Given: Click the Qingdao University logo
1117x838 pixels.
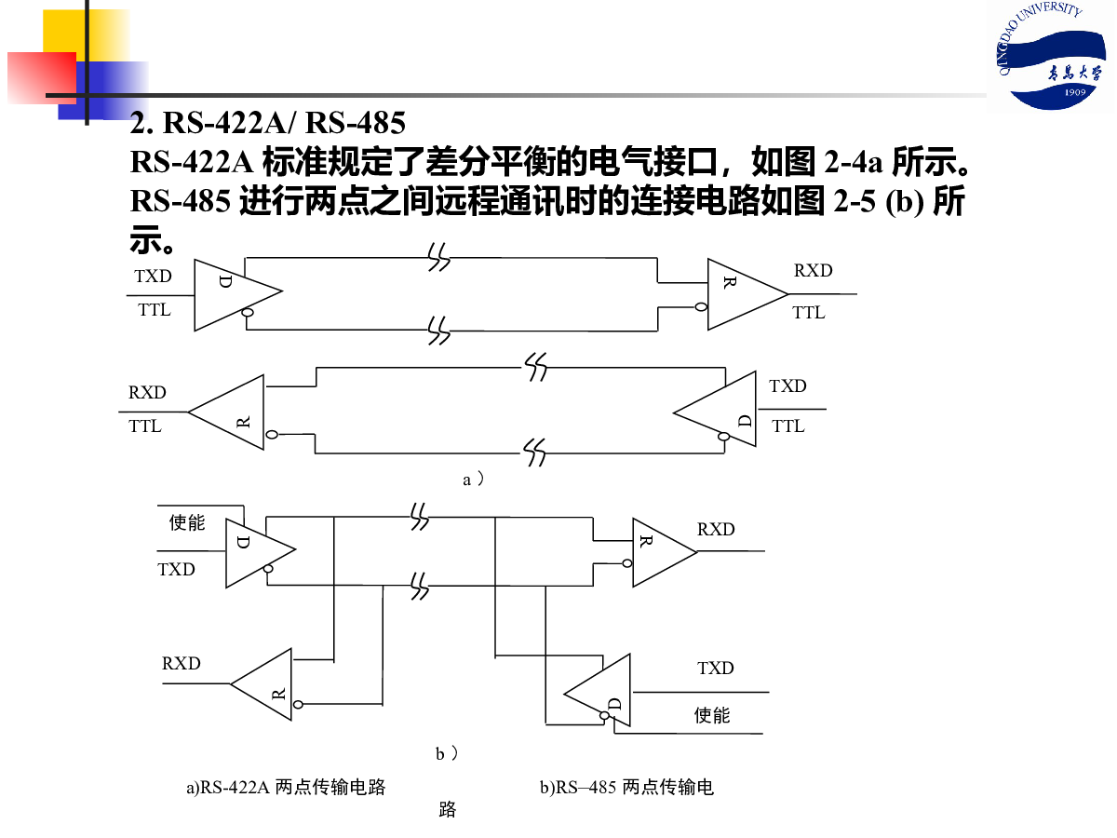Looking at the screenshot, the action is point(1050,55).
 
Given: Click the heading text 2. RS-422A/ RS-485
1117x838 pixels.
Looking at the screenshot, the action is point(268,123).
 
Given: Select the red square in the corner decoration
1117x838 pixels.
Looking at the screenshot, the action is point(42,78).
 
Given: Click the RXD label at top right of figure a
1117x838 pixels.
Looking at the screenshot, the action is point(814,270).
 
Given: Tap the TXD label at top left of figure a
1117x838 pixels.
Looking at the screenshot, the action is point(154,276).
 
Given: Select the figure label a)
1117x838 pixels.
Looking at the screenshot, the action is point(473,480).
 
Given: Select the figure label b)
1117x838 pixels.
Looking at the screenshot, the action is point(447,753).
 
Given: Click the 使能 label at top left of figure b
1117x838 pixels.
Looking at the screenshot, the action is point(187,522).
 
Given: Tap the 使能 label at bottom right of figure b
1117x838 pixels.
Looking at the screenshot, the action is point(712,715).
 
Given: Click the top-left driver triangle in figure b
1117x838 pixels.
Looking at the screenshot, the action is point(261,553).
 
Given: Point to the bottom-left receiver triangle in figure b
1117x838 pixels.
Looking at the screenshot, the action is point(262,684).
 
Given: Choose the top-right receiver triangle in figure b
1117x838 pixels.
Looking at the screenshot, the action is point(665,552).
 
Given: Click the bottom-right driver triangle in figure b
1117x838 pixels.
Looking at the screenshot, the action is point(598,691).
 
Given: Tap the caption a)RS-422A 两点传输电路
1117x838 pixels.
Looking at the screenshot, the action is point(286,787).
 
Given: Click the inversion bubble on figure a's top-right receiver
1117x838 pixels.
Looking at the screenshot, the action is point(701,307).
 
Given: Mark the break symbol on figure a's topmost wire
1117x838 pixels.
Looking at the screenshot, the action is point(438,257).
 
